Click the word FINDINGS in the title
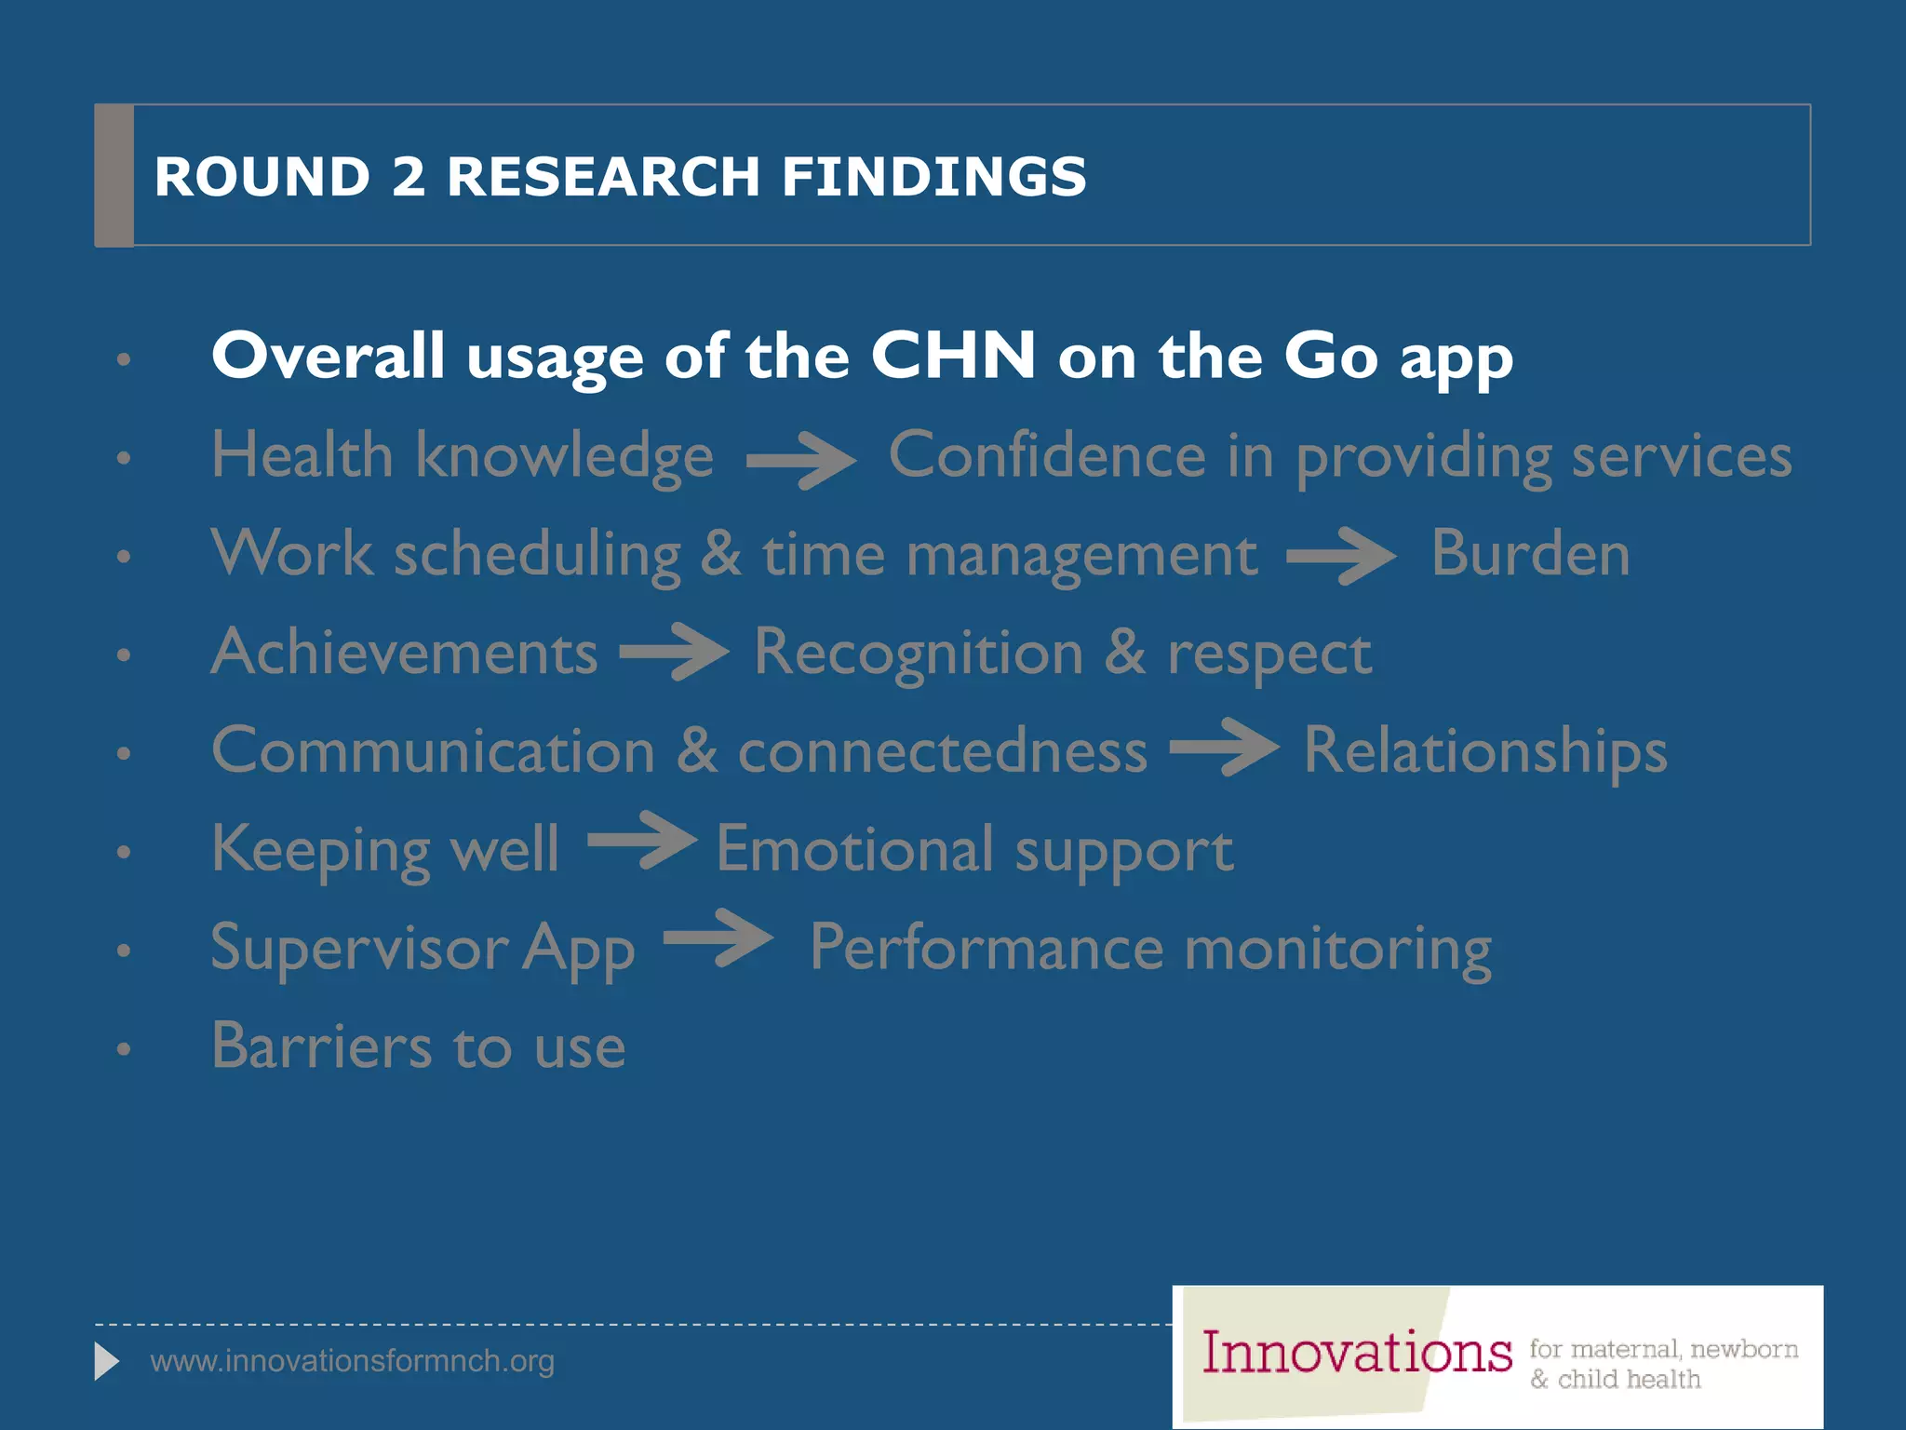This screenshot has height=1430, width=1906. point(933,176)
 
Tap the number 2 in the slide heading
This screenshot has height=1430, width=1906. point(409,176)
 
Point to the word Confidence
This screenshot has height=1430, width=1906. point(1047,455)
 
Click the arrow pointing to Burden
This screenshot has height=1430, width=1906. point(1340,556)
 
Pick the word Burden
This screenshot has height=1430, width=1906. point(1530,554)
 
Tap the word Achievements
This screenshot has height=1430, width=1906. point(405,652)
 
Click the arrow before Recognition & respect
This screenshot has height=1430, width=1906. point(674,652)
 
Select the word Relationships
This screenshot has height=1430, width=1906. point(1485,751)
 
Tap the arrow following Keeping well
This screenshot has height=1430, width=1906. point(642,841)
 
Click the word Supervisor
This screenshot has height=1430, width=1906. point(359,948)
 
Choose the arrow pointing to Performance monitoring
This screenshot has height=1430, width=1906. point(718,938)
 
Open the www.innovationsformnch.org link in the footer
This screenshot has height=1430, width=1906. point(352,1361)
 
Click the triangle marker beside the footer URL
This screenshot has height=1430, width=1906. point(107,1362)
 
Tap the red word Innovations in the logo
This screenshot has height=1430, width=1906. point(1356,1353)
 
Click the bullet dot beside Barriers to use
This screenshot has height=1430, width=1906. point(124,1049)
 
